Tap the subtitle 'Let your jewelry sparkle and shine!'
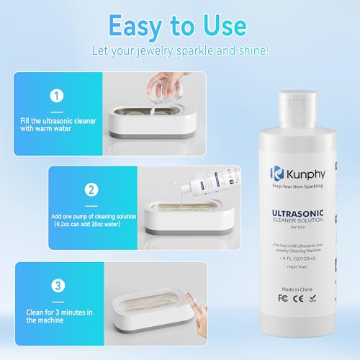coord(179,52)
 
